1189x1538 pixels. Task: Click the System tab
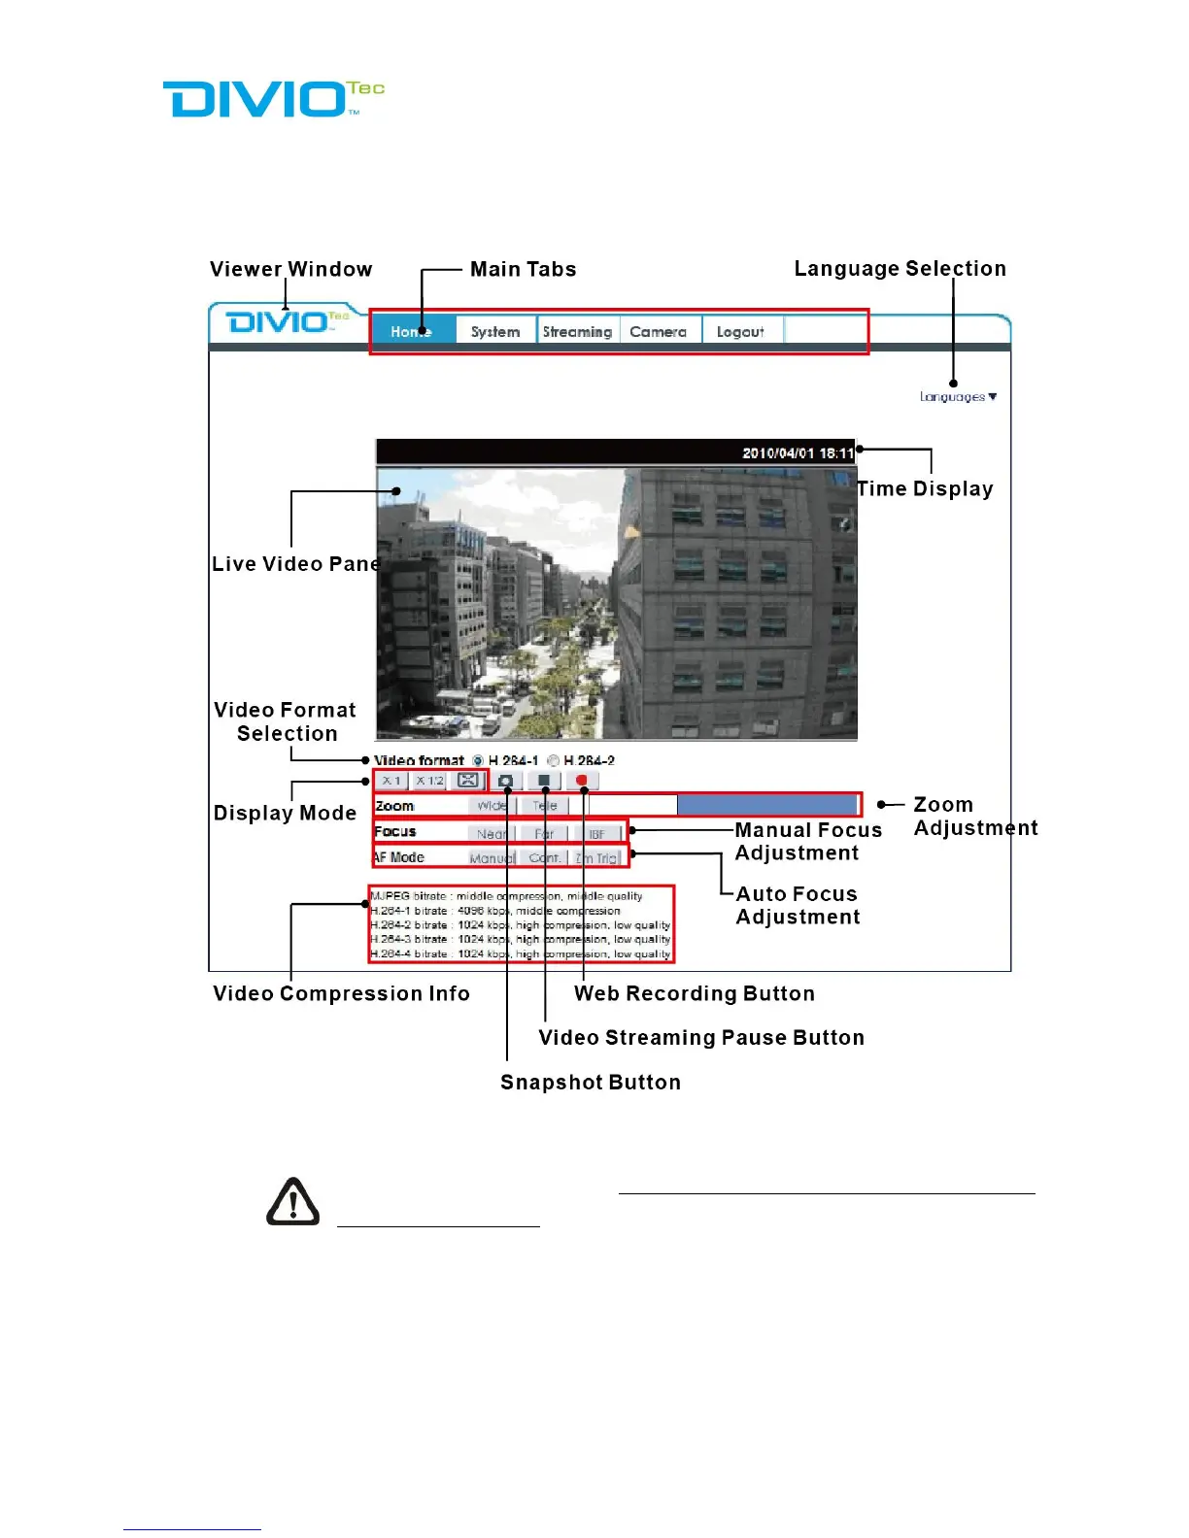click(495, 332)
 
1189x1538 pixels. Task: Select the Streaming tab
click(577, 332)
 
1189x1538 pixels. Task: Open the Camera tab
click(658, 332)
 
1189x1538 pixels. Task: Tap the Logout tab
click(740, 332)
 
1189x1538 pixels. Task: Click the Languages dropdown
click(958, 397)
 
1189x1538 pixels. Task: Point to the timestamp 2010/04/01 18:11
click(798, 453)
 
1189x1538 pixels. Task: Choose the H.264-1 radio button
click(478, 761)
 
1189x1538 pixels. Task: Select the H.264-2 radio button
click(554, 761)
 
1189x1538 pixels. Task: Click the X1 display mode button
click(391, 781)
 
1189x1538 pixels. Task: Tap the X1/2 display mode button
click(429, 781)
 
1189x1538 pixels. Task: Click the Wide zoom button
click(492, 806)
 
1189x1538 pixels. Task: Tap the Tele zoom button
click(544, 806)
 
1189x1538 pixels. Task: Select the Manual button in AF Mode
click(492, 858)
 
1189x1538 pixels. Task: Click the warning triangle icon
click(293, 1202)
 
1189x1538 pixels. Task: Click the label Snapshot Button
click(591, 1083)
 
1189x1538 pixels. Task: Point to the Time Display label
click(925, 489)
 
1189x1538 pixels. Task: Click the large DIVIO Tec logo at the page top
click(274, 99)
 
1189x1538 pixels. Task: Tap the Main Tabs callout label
click(523, 270)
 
